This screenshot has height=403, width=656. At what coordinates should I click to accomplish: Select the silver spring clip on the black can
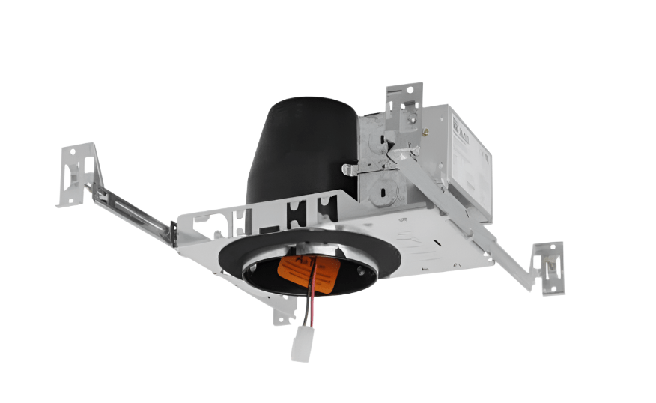352,170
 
